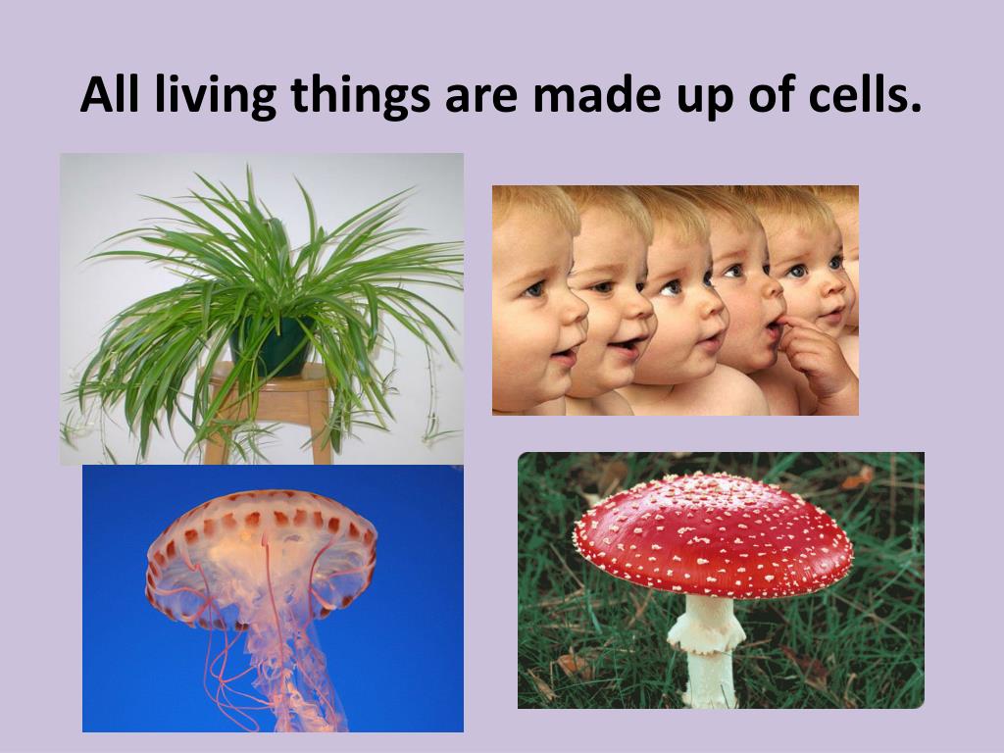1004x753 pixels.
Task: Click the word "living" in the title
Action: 216,96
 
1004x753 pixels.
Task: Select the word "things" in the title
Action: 361,96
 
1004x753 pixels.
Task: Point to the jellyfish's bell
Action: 261,551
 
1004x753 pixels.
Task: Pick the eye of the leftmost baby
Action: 534,289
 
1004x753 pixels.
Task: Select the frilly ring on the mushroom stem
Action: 706,637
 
